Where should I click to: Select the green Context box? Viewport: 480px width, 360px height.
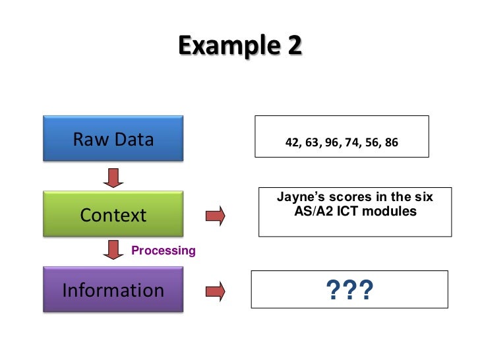pos(113,215)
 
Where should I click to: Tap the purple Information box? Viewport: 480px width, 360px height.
pos(113,290)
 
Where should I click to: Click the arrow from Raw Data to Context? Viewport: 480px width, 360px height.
pos(113,177)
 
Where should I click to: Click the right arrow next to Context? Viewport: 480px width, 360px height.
pos(215,215)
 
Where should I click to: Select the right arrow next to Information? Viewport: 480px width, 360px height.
pos(215,290)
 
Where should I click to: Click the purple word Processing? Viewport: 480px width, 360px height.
pos(164,251)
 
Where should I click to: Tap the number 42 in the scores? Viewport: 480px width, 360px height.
pos(291,142)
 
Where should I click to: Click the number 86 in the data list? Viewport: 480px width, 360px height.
pos(391,142)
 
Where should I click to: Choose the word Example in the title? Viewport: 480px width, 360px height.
pos(225,45)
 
